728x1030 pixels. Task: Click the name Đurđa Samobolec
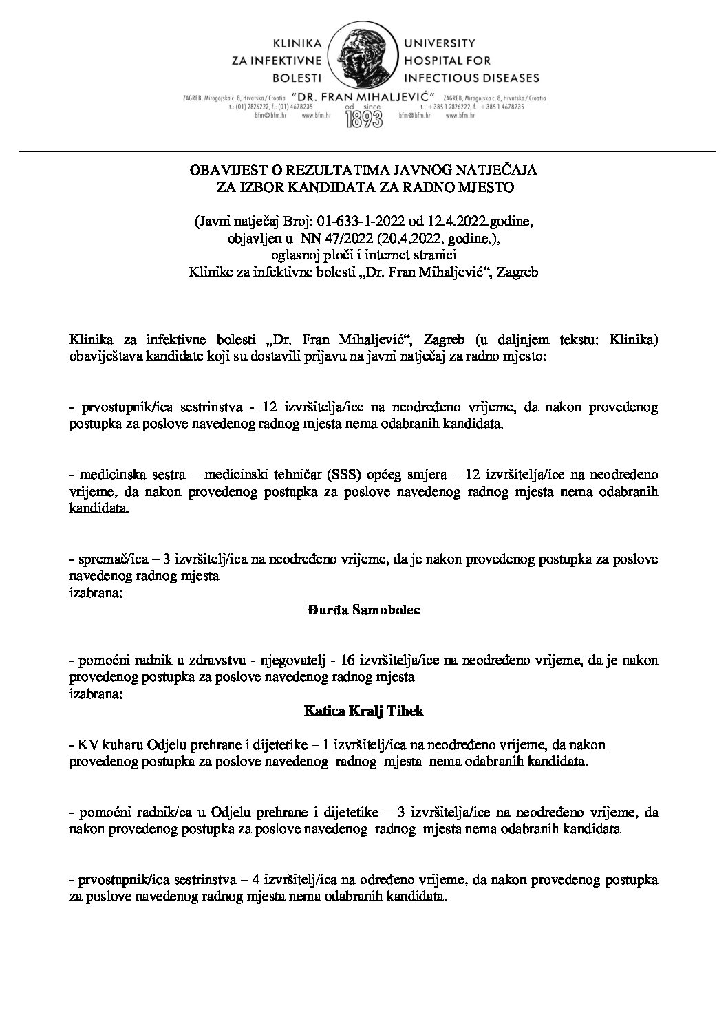coord(363,610)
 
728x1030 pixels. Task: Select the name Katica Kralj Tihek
coord(363,711)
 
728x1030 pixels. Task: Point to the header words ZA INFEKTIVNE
coord(278,62)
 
